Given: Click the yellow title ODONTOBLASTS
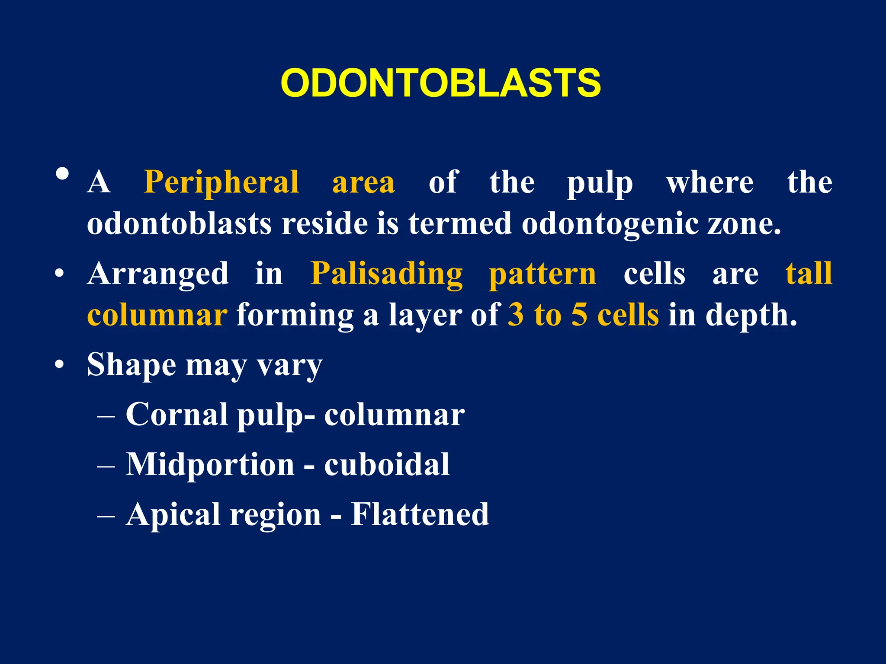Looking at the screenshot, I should point(440,83).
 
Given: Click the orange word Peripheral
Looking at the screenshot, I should point(221,182).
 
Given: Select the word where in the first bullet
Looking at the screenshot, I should point(710,182).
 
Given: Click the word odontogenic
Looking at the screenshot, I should point(610,224).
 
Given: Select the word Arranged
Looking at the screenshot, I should point(158,274).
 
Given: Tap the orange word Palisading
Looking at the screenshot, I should point(386,274).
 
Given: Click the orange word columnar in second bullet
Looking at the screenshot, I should point(157,316).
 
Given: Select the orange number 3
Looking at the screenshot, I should point(516,315).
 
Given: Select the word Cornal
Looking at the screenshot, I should point(177,414).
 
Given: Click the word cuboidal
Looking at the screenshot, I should point(387,464).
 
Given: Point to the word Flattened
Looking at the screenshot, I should point(420,514).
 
